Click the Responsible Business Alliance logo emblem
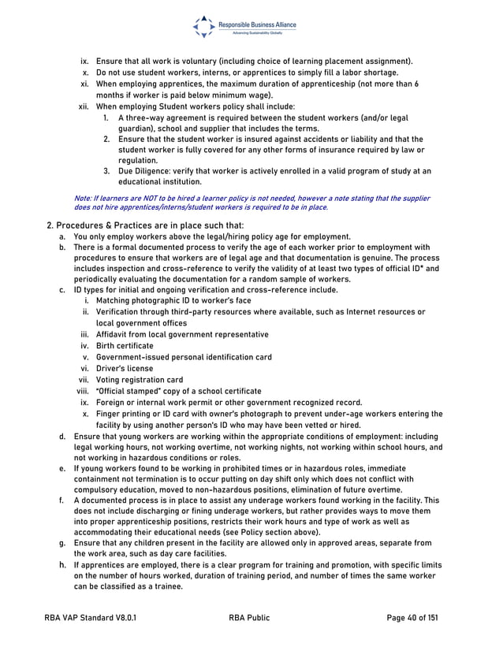point(203,27)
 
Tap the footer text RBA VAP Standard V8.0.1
point(90,618)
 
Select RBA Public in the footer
point(248,618)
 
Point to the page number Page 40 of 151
point(412,618)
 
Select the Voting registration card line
point(139,379)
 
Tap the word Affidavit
point(113,334)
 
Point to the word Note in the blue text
point(81,199)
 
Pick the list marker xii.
point(83,106)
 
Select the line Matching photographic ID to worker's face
point(173,300)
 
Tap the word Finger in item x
point(108,413)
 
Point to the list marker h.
point(61,565)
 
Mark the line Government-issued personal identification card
point(184,357)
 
